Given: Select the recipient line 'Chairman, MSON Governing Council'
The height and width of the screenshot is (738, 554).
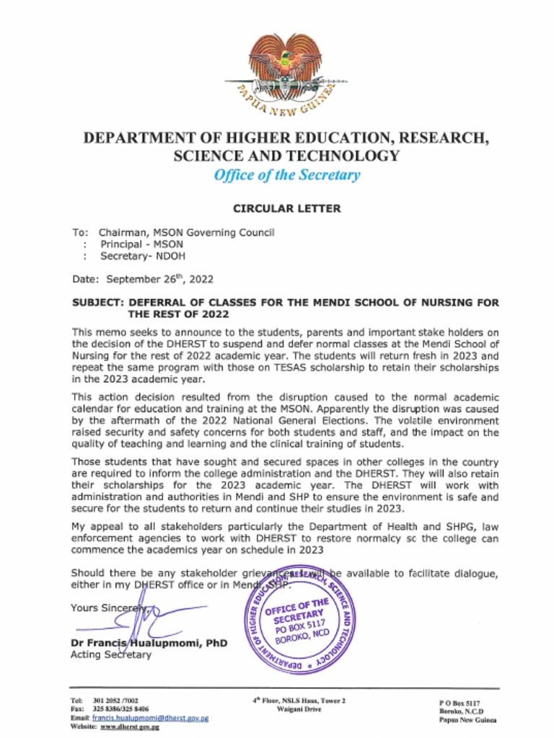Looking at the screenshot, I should click(186, 233).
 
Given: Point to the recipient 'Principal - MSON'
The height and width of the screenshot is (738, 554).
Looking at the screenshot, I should click(141, 244).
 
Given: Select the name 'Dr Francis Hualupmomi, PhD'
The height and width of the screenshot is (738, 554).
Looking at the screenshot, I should click(149, 643).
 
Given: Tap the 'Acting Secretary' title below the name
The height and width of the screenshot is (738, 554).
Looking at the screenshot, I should click(111, 654).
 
